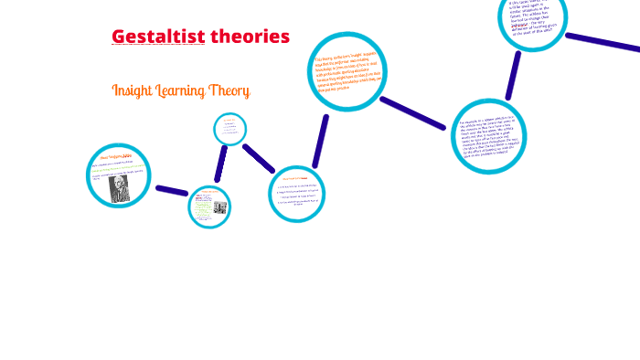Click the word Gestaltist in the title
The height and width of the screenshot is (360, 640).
157,37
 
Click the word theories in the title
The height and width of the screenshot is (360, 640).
250,37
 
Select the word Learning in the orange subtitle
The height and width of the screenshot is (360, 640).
187,90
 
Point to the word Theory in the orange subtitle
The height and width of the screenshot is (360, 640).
232,90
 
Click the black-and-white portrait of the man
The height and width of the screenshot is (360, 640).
119,187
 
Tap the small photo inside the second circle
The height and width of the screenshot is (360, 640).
220,207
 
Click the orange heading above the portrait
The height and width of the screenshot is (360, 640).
119,157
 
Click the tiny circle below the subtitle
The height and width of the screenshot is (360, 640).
229,129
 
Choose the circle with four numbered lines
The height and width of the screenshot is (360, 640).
297,193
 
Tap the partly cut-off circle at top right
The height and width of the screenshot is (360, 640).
533,19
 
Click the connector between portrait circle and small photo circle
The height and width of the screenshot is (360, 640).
171,190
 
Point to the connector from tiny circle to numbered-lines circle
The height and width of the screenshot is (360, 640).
259,157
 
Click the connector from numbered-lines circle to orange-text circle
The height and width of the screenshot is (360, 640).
320,141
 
